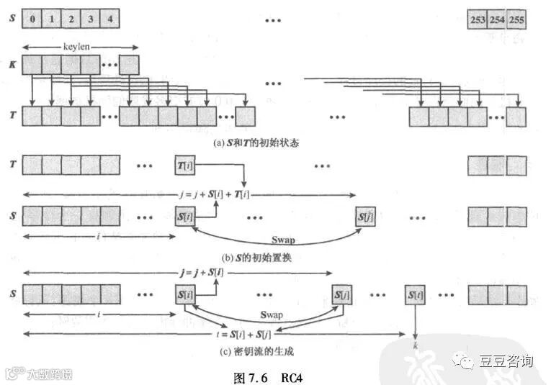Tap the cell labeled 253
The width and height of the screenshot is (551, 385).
(478, 19)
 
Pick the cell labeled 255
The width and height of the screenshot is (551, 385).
(516, 19)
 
